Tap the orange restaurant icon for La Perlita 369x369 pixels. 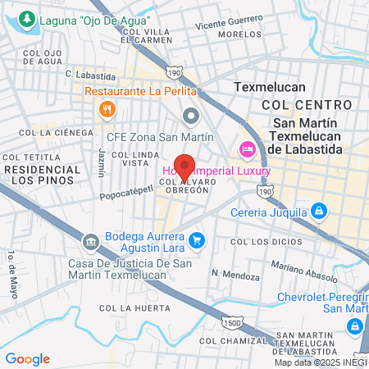pos(106,108)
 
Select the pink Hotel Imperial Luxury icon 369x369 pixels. pos(246,148)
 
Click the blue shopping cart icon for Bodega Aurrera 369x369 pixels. pos(195,240)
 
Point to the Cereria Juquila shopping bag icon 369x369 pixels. pos(320,212)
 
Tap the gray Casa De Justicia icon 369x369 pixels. pos(89,241)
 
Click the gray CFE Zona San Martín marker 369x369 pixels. pos(191,115)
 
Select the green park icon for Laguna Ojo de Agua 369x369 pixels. pos(27,18)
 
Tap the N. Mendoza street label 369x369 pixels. pos(235,274)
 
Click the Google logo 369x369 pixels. pos(27,358)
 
